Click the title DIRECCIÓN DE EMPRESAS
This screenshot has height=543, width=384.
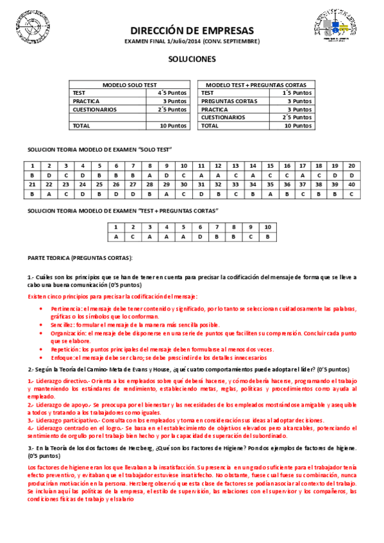(x=192, y=30)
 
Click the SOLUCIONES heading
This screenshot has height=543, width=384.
(x=192, y=59)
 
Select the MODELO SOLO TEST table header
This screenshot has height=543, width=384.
(x=129, y=85)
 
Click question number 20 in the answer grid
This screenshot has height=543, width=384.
(x=351, y=166)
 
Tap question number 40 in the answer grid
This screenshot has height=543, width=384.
(x=351, y=184)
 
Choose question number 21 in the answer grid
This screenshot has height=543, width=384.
(x=32, y=184)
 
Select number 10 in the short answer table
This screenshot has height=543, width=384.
(x=267, y=227)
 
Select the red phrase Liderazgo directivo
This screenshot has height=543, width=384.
(x=61, y=381)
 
